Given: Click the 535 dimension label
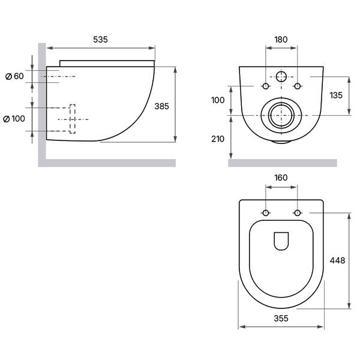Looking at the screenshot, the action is tap(100, 40).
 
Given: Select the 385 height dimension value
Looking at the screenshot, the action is tap(161, 106).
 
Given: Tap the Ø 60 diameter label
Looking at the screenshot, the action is tap(14, 76).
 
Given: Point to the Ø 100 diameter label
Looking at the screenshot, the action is tap(14, 119).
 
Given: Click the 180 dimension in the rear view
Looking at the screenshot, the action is tap(281, 40).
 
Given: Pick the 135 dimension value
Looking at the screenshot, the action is tap(336, 95).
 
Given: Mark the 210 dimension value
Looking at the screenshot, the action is tap(218, 139).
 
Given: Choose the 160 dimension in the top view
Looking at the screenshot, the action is tap(281, 178).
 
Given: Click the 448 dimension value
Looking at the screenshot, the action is tap(337, 260).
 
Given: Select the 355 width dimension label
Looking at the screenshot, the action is tap(281, 318).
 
